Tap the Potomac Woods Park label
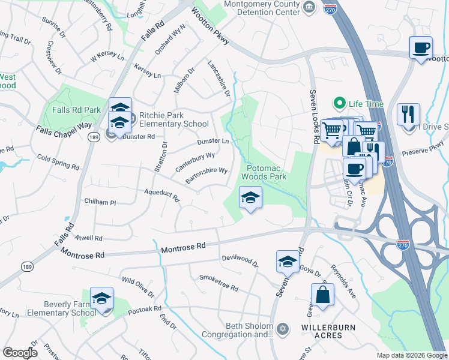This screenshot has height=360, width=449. [x=264, y=172]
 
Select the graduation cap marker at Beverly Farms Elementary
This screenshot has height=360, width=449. [x=101, y=299]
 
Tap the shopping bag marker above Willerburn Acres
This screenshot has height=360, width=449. [x=322, y=295]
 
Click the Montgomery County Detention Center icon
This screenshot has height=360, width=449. [x=309, y=7]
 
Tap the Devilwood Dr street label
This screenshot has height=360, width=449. [x=240, y=260]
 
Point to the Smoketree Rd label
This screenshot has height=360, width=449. [x=218, y=283]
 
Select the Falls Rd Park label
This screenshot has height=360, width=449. [x=76, y=110]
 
